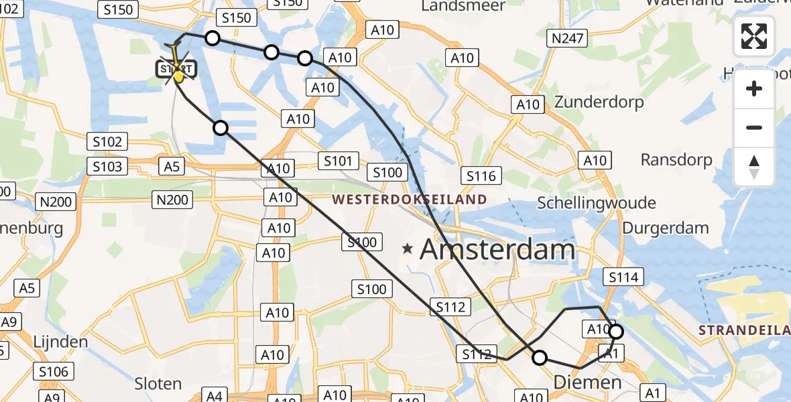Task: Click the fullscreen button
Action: pos(754,36)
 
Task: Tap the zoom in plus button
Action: pos(754,88)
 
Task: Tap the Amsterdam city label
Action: pos(497,250)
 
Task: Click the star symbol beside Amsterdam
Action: pos(407,249)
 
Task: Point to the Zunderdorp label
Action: pos(599,102)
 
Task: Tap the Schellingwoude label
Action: pos(597,202)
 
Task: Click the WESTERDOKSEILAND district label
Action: pos(409,199)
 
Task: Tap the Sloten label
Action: pos(158,384)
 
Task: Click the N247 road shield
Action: pos(568,39)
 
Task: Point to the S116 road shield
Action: pos(481,176)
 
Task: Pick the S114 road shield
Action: pos(623,276)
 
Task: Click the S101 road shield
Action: pos(339,161)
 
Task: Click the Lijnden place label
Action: pos(60,342)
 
